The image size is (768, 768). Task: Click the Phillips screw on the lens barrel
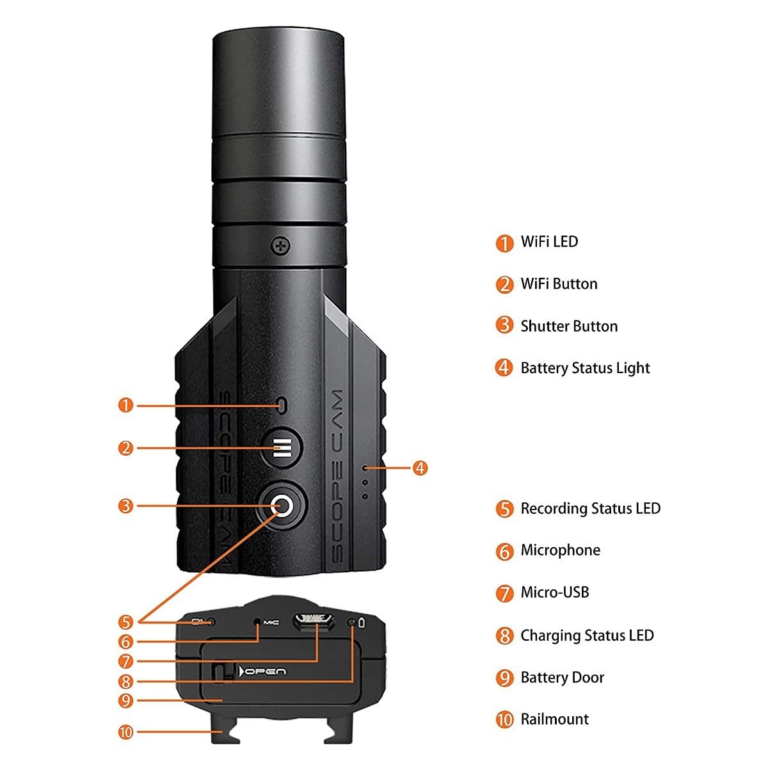[x=281, y=244]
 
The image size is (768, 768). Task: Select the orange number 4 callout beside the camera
[x=419, y=468]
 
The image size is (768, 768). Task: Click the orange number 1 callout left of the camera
[x=126, y=405]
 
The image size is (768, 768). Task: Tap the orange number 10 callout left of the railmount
[x=126, y=731]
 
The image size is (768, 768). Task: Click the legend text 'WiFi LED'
[x=549, y=242]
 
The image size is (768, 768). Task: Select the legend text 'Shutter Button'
[x=569, y=326]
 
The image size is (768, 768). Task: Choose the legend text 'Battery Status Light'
[x=585, y=368]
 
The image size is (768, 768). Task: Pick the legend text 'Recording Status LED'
[x=590, y=509]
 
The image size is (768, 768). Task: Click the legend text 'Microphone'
[x=560, y=550]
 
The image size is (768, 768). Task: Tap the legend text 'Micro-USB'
[x=554, y=593]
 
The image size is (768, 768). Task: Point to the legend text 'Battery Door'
[x=562, y=678]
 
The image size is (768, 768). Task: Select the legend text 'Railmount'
[x=554, y=719]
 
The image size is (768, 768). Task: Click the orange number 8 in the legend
[x=504, y=636]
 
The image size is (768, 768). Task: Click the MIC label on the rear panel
[x=271, y=622]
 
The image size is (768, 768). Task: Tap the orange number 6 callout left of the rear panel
[x=126, y=642]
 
